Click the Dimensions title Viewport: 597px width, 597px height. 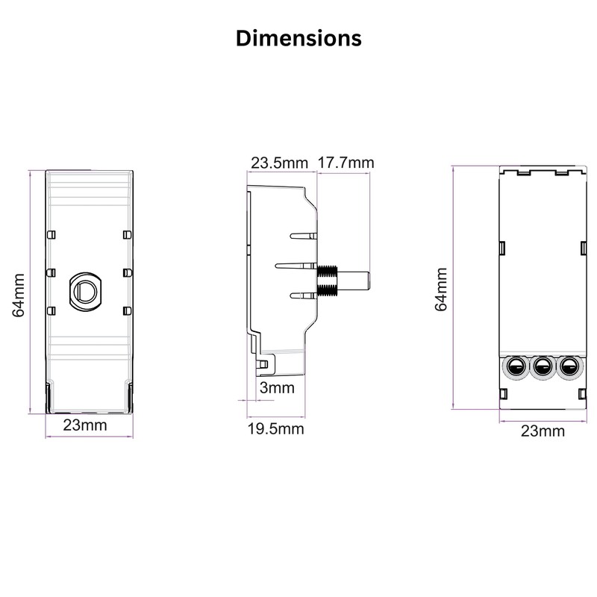point(298,38)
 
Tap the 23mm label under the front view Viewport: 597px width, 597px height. point(84,425)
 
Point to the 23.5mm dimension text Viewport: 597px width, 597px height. point(279,163)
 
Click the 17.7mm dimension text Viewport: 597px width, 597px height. point(346,163)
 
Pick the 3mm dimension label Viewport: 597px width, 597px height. point(278,388)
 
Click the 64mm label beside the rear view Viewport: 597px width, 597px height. point(442,289)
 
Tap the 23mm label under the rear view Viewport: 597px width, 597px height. point(543,431)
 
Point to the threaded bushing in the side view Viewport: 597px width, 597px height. point(328,283)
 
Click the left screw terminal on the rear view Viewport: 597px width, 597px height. point(516,366)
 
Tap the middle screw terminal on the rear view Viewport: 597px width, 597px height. point(543,366)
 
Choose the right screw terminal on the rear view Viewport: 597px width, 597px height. point(569,366)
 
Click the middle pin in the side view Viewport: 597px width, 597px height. point(296,265)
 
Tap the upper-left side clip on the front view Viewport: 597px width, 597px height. point(50,235)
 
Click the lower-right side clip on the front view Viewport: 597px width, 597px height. point(127,309)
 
